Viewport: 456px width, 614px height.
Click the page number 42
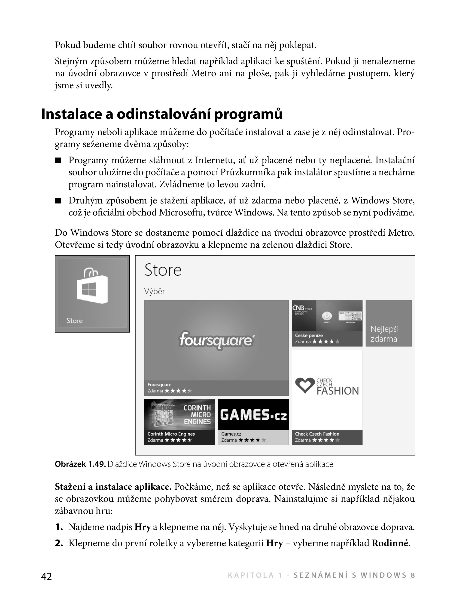[x=46, y=576]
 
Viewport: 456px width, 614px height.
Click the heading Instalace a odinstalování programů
[x=162, y=114]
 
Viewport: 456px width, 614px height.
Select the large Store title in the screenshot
[x=163, y=270]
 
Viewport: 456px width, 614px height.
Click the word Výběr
[x=155, y=291]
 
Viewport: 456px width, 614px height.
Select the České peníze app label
[x=309, y=335]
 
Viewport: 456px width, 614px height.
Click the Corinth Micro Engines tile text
[x=197, y=414]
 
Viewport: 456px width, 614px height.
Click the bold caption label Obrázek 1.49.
[x=80, y=464]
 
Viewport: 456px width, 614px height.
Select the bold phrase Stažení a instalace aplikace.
[x=113, y=487]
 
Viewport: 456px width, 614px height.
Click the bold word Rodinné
[x=390, y=543]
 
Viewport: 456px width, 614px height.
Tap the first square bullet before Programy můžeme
[x=58, y=160]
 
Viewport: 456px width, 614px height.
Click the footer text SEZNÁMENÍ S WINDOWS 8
[x=354, y=575]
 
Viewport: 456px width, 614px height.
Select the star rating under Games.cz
[x=252, y=440]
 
